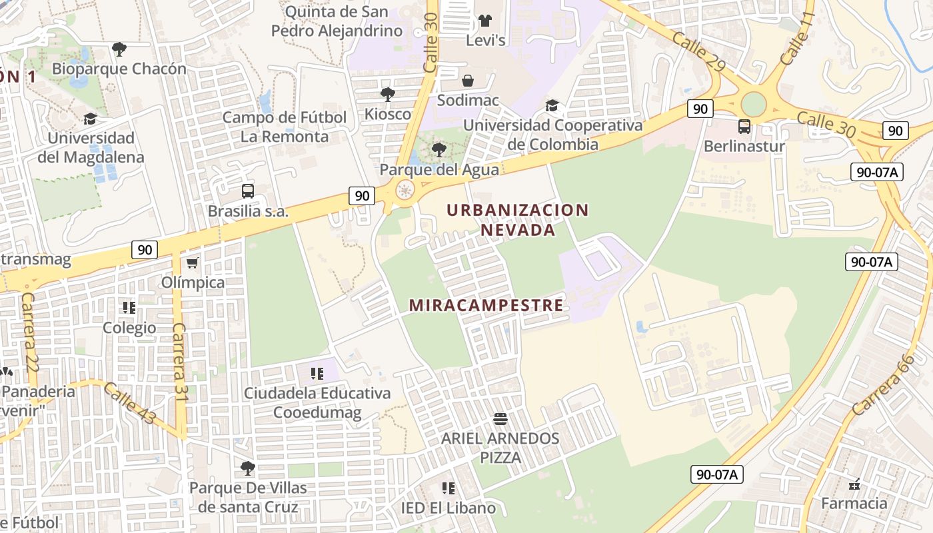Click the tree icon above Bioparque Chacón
119,49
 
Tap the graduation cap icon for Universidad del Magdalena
90,119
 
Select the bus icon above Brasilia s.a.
248,191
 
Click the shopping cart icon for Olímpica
193,263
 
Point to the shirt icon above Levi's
485,21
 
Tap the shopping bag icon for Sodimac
468,81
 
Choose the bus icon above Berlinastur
744,126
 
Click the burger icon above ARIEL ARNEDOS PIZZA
500,419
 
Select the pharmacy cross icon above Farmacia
854,484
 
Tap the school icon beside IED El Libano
449,488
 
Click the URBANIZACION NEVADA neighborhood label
518,220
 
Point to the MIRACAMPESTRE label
486,306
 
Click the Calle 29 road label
698,53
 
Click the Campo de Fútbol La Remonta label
285,127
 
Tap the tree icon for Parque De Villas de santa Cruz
248,468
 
